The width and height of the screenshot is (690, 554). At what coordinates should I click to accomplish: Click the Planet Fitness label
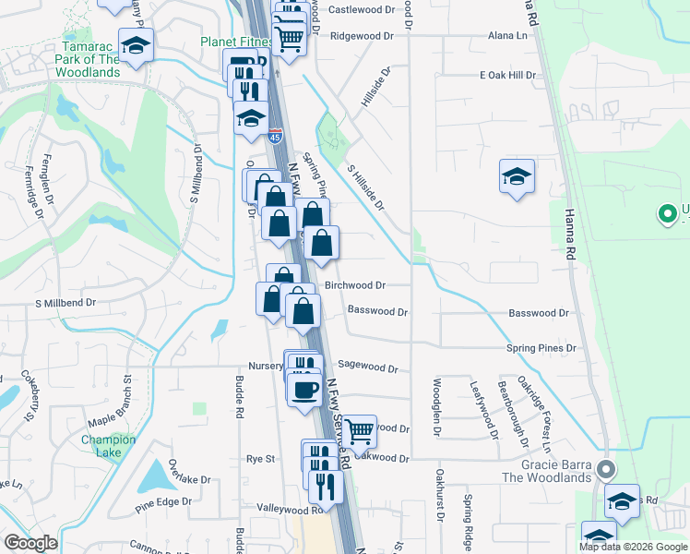pos(236,42)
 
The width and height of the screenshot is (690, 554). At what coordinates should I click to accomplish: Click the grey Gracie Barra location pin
pos(605,469)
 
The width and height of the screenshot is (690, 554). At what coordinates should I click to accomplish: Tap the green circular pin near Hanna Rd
pos(666,215)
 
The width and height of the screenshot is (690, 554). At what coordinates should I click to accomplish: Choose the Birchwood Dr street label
pos(355,286)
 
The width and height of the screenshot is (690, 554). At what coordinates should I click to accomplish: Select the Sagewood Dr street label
pos(367,367)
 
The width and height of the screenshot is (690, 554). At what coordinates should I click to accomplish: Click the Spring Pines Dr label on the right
pos(541,348)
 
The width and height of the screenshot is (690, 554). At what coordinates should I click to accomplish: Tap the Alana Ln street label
pos(507,35)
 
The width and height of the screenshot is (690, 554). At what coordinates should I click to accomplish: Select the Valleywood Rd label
pos(291,509)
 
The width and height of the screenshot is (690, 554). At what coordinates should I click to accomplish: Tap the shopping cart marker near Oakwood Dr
pos(359,428)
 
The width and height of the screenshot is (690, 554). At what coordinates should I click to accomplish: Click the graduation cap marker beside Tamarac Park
pos(137,46)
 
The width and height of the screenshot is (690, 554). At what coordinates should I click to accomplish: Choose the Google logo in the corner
pos(30,543)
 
